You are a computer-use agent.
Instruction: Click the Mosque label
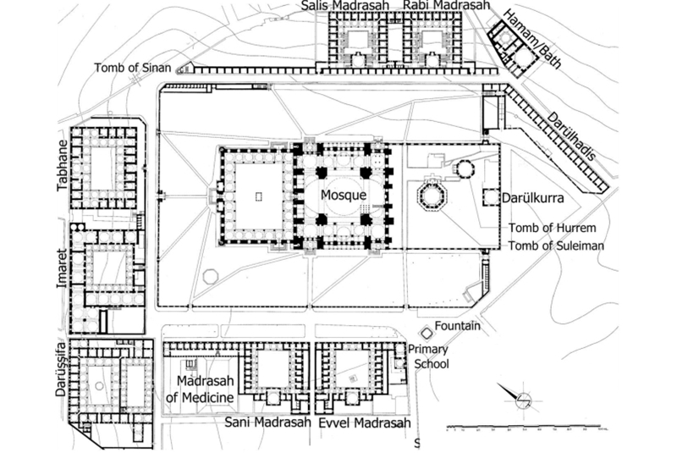[343, 194]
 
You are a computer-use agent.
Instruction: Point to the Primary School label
[428, 357]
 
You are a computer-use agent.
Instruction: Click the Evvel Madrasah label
[365, 423]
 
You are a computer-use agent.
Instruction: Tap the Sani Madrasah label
[266, 421]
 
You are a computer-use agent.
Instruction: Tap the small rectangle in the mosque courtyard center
[258, 196]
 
